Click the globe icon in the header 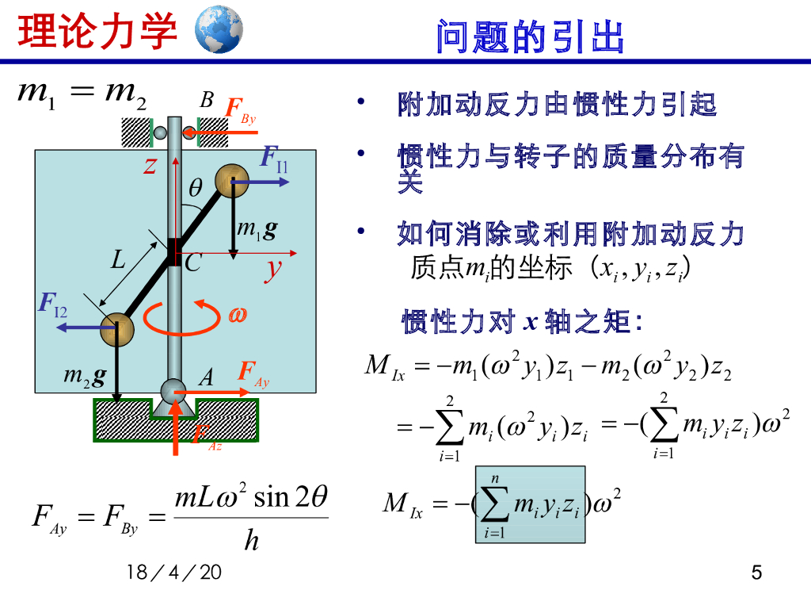point(218,29)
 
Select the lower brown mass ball point(116,327)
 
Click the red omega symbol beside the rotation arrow point(238,315)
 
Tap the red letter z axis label point(150,165)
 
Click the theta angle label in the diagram point(196,188)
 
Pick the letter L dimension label point(118,259)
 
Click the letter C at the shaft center point(193,263)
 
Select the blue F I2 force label point(53,303)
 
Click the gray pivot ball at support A point(174,390)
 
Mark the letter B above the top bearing point(207,100)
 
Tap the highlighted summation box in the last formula point(530,504)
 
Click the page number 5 point(756,573)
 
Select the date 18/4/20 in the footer point(174,573)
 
